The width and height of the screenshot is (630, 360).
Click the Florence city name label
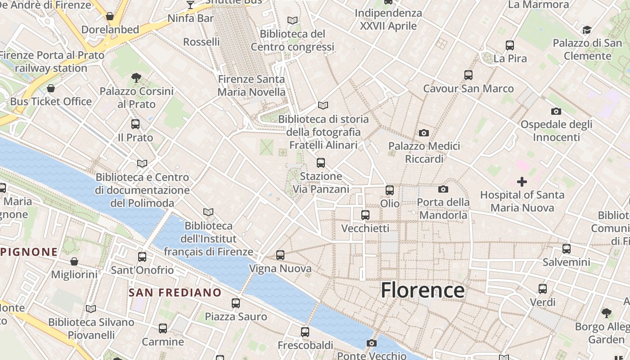(423, 290)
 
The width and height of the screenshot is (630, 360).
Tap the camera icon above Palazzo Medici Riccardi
(423, 133)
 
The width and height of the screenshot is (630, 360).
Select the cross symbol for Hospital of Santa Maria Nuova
(522, 182)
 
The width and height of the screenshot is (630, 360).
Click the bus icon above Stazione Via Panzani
(321, 163)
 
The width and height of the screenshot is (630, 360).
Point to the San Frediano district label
(175, 292)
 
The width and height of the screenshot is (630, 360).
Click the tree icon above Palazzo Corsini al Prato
(136, 78)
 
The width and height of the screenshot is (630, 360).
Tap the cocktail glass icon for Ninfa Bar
(190, 5)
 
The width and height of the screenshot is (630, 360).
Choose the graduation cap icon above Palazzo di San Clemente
(587, 30)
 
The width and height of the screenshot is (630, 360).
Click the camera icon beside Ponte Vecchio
(371, 343)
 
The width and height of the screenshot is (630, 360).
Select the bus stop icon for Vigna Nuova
(280, 255)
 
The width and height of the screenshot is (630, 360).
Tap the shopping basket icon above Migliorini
(74, 261)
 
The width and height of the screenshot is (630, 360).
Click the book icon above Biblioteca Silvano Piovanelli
(91, 309)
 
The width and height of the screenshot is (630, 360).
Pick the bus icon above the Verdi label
(543, 289)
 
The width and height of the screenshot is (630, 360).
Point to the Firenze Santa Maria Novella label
(251, 85)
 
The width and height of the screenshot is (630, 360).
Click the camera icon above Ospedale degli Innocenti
(556, 111)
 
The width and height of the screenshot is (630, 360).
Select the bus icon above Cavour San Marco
(468, 75)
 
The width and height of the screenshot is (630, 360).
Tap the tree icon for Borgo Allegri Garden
(606, 313)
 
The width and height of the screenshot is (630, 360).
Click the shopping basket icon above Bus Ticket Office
(51, 88)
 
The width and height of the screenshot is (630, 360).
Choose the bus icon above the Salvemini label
(567, 248)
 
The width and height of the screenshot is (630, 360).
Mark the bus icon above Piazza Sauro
(236, 303)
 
